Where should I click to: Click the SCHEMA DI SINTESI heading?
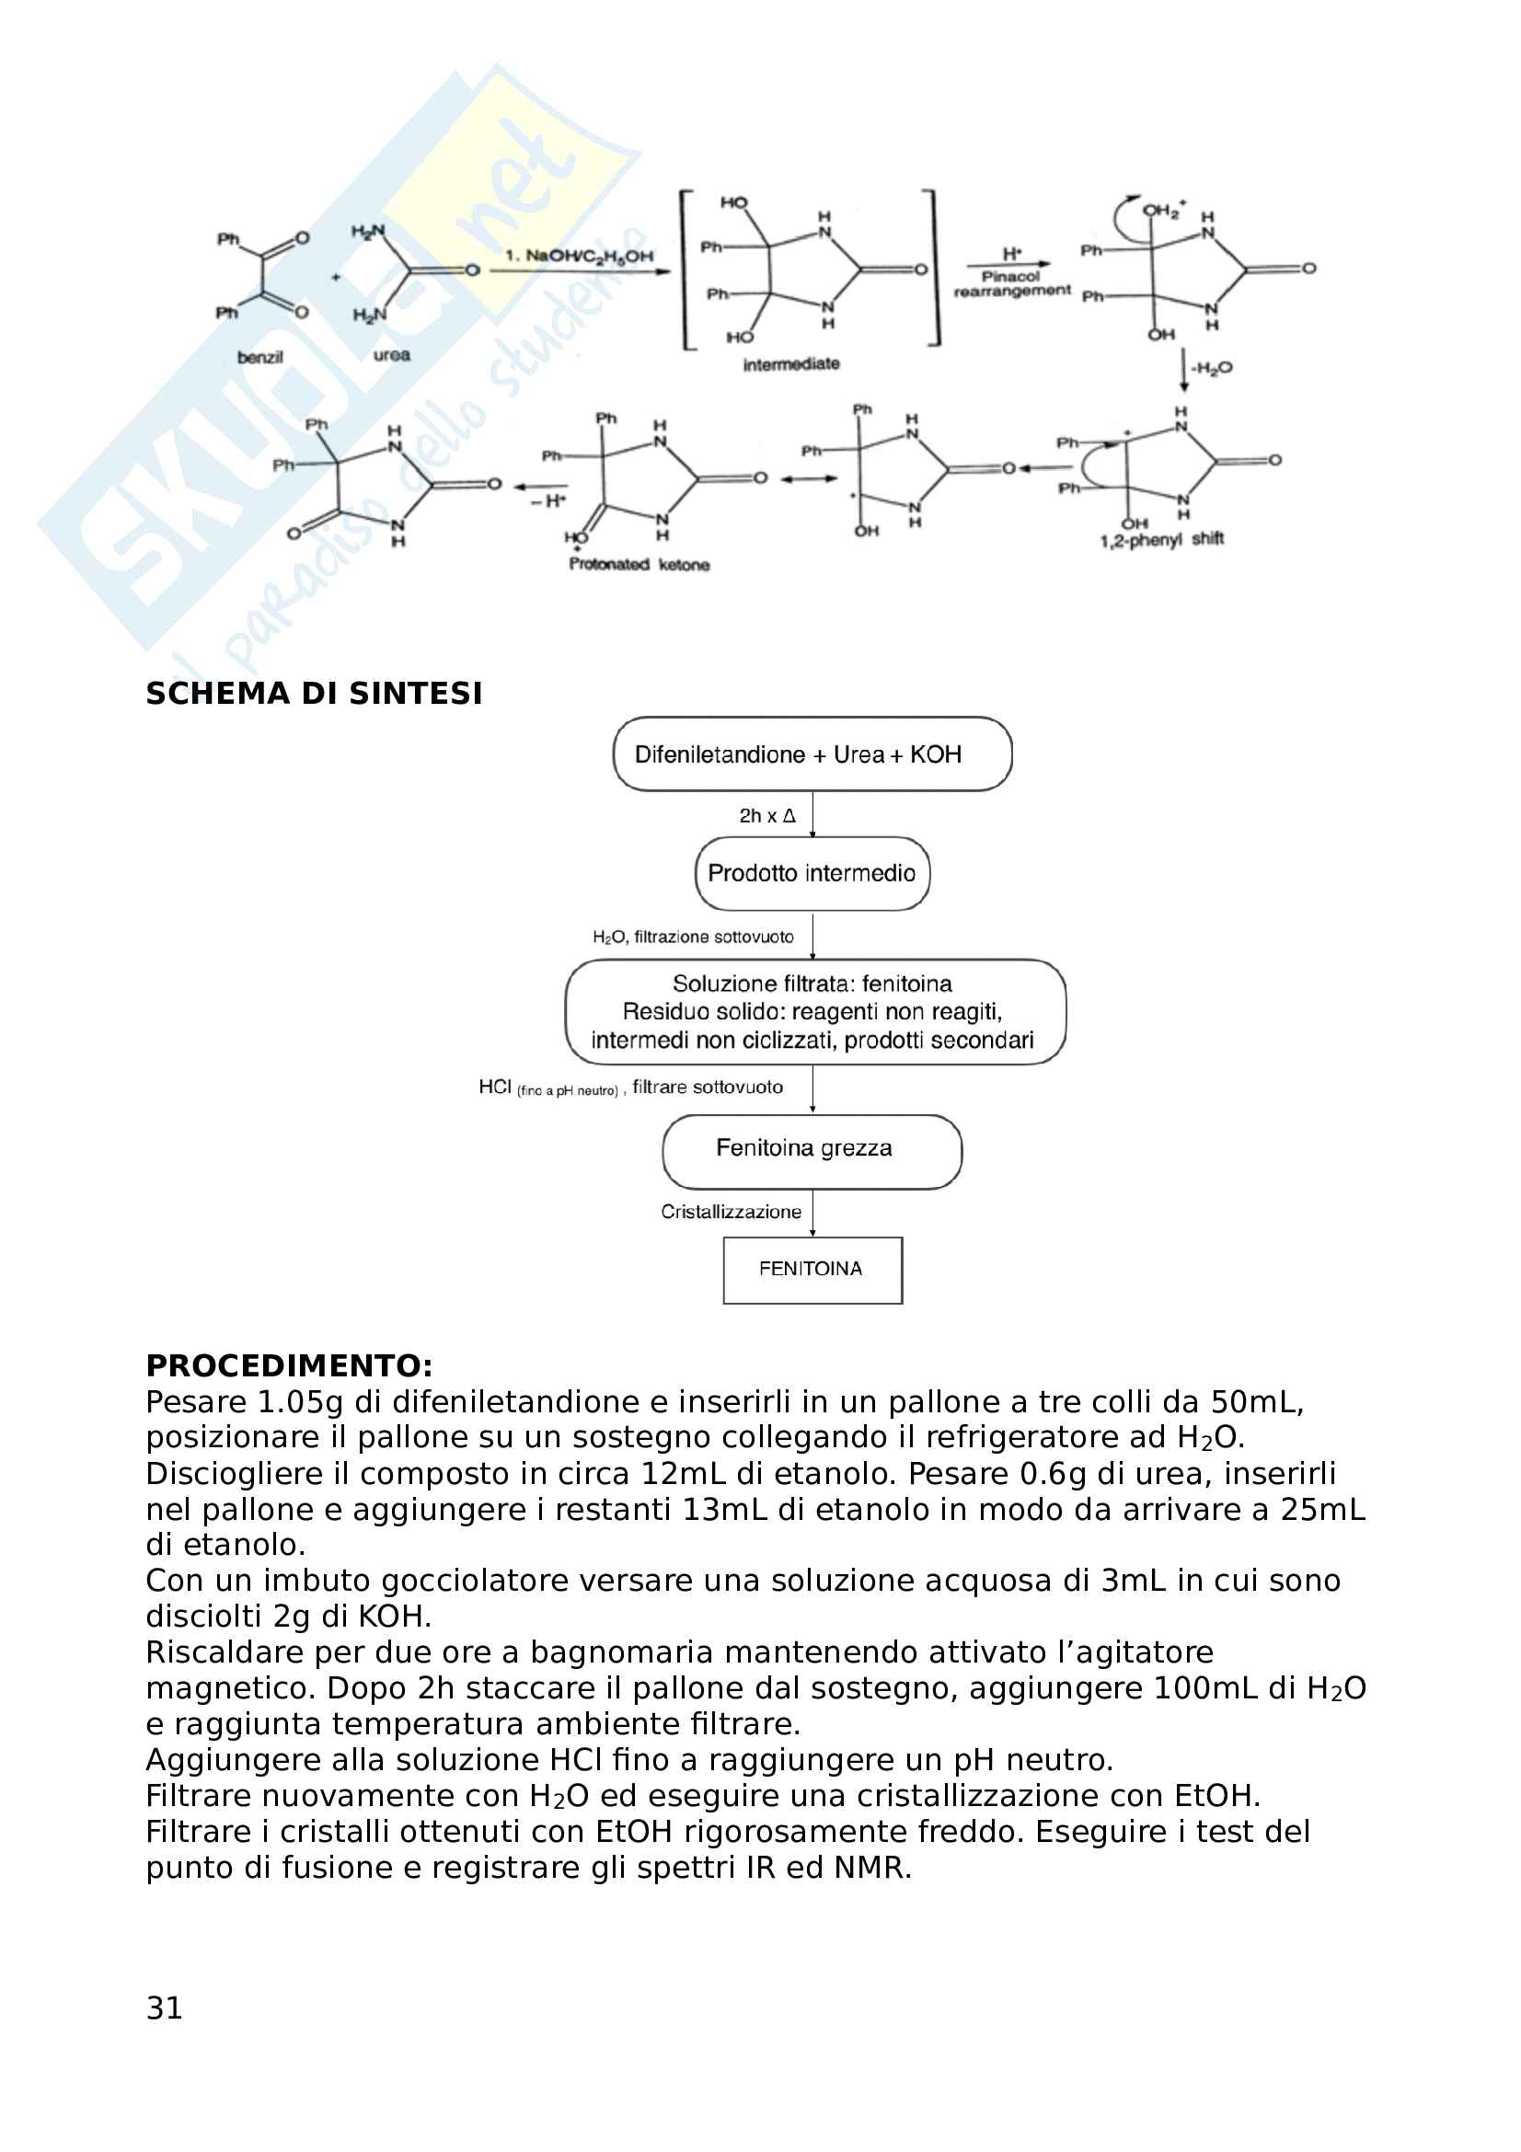tap(314, 694)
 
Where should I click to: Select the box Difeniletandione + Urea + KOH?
tap(812, 754)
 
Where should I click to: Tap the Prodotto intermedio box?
tap(812, 873)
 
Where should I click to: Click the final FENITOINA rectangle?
tap(812, 1269)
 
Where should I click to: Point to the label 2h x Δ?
tap(766, 816)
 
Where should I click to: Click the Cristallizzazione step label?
tap(731, 1212)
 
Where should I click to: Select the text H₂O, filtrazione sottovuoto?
tap(693, 938)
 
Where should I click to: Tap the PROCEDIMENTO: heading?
tap(289, 1364)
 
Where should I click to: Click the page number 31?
tap(164, 2008)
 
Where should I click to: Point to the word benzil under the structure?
tap(259, 357)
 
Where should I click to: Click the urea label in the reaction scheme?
tap(392, 355)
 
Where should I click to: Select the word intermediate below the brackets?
tap(791, 364)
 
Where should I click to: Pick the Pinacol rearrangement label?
tap(1012, 284)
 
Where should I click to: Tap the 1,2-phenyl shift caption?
tap(1162, 539)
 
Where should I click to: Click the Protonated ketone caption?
tap(640, 564)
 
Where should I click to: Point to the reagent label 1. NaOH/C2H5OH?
tap(579, 256)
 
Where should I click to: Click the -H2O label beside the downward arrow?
tap(1212, 367)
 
